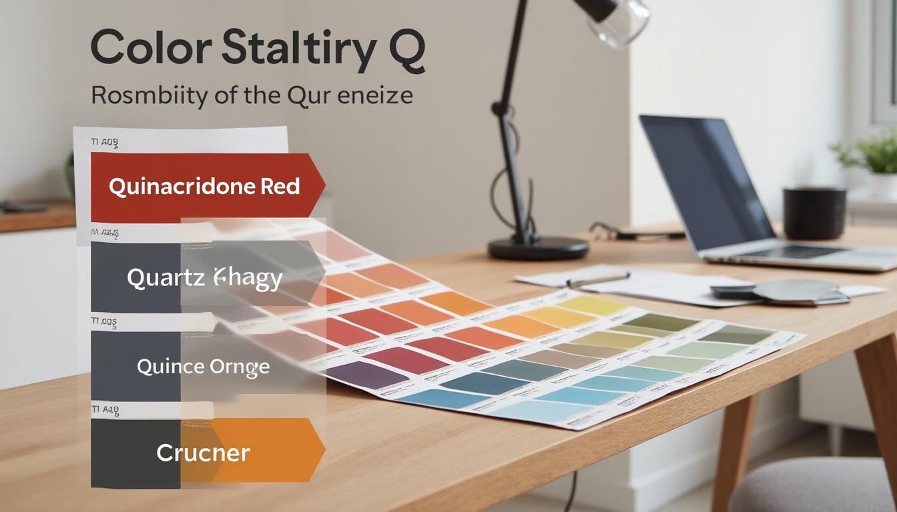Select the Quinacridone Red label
[204, 187]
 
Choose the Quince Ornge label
[203, 366]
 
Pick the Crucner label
[203, 453]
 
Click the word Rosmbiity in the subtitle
[147, 95]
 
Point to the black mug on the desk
[814, 213]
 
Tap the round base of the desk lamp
[538, 248]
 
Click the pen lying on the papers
[598, 279]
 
